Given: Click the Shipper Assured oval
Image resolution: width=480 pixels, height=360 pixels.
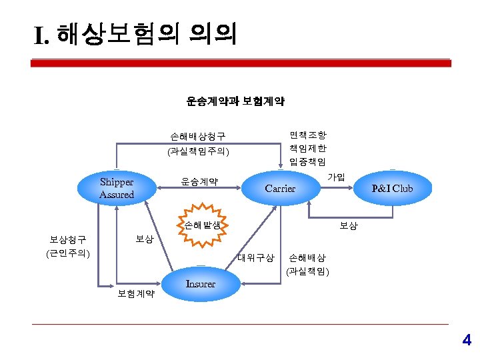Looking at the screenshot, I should point(117,189).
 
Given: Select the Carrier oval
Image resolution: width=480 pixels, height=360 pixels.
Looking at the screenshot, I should point(280,189).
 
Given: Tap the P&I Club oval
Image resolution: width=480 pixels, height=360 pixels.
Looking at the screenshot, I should point(393,189).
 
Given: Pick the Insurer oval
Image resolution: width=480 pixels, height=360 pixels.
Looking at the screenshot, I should point(201,284).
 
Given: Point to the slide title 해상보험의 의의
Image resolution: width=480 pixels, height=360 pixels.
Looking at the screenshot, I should point(136,34).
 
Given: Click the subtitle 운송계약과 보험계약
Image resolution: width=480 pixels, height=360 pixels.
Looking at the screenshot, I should point(235,101).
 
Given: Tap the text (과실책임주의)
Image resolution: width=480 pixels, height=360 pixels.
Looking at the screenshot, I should point(198,151).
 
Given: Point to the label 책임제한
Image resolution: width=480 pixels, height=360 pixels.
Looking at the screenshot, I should point(307,147).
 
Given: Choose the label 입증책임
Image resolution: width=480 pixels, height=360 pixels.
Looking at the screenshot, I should point(307,161).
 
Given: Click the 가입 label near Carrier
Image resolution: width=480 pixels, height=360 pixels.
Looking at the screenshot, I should point(336,177).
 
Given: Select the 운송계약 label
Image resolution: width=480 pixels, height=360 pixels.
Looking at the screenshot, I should point(200,181).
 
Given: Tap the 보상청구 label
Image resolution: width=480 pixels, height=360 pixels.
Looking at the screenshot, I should point(68,239).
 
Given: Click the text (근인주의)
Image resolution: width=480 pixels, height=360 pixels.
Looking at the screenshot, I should point(68,253).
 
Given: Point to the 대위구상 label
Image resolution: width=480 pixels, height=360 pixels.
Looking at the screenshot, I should point(256,257).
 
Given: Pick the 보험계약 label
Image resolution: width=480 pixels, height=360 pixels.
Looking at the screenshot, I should point(136,293).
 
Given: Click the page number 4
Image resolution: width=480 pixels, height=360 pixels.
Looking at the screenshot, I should point(467,341).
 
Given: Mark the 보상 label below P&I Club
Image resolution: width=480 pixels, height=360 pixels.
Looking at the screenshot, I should point(349,226).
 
